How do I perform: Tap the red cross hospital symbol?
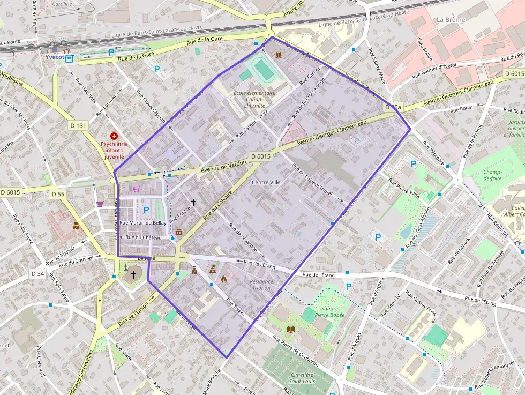point(114,137)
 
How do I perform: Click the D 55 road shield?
point(58,193)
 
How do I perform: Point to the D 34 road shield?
point(37,273)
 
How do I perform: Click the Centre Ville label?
point(266,182)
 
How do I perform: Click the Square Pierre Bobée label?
point(329,312)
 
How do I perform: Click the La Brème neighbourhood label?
point(451,20)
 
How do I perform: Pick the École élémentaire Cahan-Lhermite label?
point(254,99)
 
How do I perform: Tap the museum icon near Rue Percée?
point(178,232)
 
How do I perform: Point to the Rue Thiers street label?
point(236,308)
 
